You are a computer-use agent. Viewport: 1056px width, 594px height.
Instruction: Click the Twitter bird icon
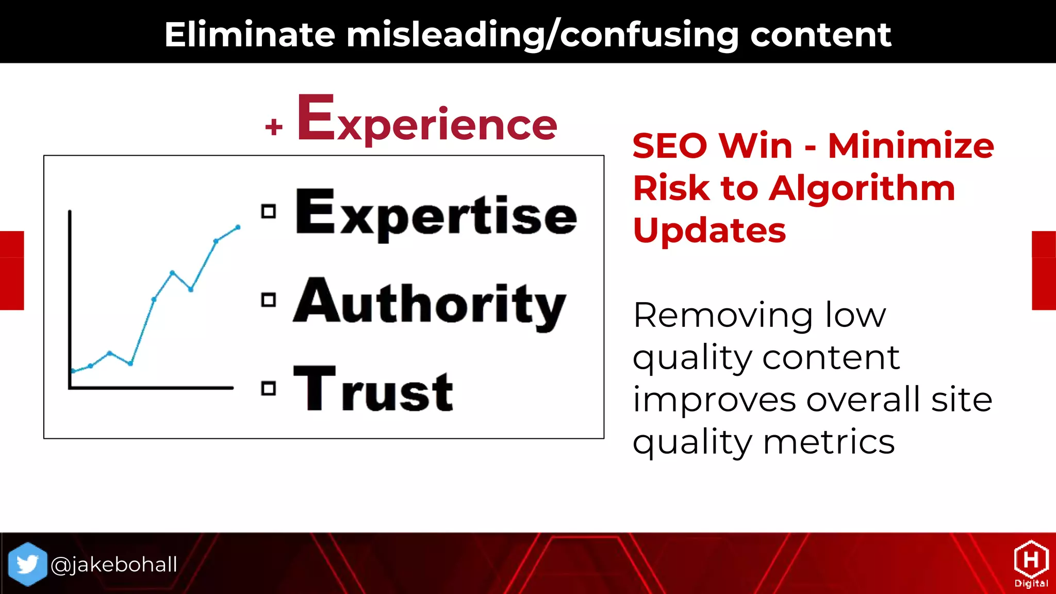[27, 564]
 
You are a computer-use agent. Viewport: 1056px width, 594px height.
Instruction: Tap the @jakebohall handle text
[114, 565]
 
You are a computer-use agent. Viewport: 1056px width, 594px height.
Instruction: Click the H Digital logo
[1031, 564]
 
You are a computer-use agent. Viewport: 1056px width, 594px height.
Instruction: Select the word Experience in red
[427, 121]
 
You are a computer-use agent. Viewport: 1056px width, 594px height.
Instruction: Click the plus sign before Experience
[274, 126]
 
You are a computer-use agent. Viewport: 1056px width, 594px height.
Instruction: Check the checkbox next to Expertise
[268, 211]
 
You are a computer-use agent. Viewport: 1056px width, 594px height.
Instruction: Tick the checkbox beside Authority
[268, 300]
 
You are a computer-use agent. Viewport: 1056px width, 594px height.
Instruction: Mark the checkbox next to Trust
[268, 388]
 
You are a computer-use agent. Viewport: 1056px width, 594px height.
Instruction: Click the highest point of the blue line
[238, 227]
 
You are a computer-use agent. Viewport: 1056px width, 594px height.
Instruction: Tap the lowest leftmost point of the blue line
[73, 371]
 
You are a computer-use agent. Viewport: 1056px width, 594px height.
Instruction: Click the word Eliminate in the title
[250, 35]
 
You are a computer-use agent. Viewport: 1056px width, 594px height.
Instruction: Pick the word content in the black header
[820, 35]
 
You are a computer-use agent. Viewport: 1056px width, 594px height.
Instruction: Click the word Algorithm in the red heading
[862, 188]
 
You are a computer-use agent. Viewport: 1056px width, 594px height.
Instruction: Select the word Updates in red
[709, 230]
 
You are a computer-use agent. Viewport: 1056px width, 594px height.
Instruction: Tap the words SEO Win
[712, 146]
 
